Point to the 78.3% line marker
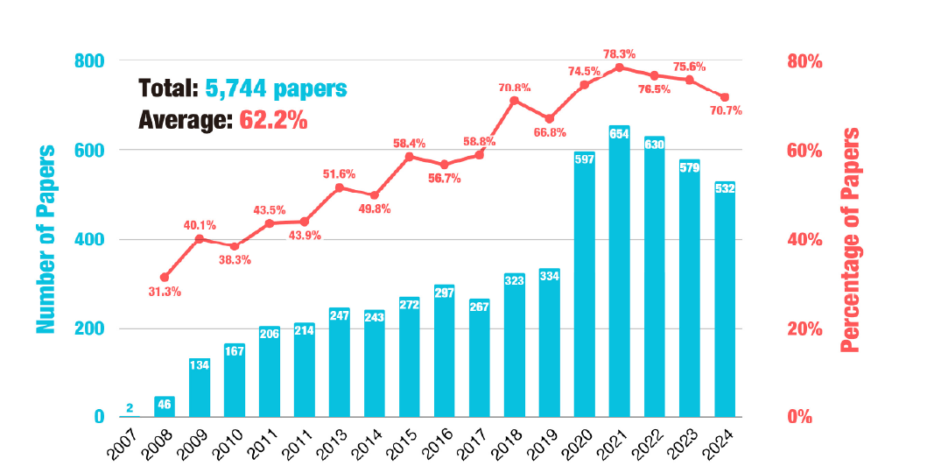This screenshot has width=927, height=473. (x=619, y=67)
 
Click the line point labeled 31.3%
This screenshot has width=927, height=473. (x=165, y=278)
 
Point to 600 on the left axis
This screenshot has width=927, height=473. (x=90, y=151)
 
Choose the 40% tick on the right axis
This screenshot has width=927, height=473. (x=804, y=240)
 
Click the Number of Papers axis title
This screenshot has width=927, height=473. (x=46, y=239)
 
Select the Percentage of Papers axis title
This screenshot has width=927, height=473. (x=849, y=239)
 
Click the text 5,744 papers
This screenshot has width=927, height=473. (x=277, y=88)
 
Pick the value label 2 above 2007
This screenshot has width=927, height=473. (x=130, y=406)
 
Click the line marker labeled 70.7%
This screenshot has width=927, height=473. (x=724, y=97)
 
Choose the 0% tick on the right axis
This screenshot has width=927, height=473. (x=799, y=418)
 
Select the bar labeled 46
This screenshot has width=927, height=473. (x=165, y=407)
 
